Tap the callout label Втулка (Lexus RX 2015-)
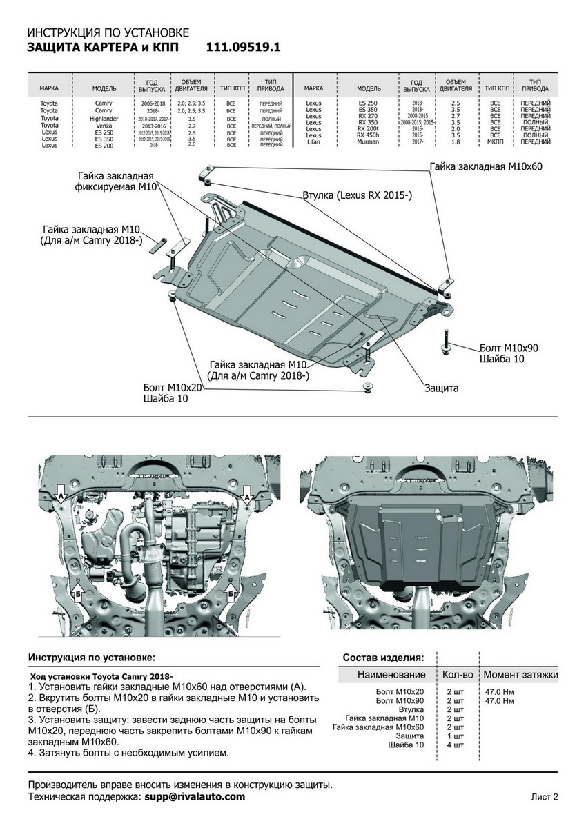[x=357, y=196]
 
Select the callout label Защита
[x=442, y=388]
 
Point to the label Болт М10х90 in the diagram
[x=504, y=348]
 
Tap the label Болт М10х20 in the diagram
[x=173, y=388]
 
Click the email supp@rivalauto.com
[x=194, y=796]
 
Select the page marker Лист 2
[x=544, y=797]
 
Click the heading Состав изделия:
[x=384, y=657]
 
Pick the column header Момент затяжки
[x=520, y=674]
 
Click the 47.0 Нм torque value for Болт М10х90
[x=499, y=700]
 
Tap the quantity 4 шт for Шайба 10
[x=455, y=745]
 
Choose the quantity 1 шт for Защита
[x=455, y=736]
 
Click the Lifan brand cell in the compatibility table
[x=313, y=141]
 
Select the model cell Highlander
[x=104, y=119]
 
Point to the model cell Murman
[x=369, y=141]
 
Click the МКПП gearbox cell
[x=495, y=141]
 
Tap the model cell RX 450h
[x=369, y=135]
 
